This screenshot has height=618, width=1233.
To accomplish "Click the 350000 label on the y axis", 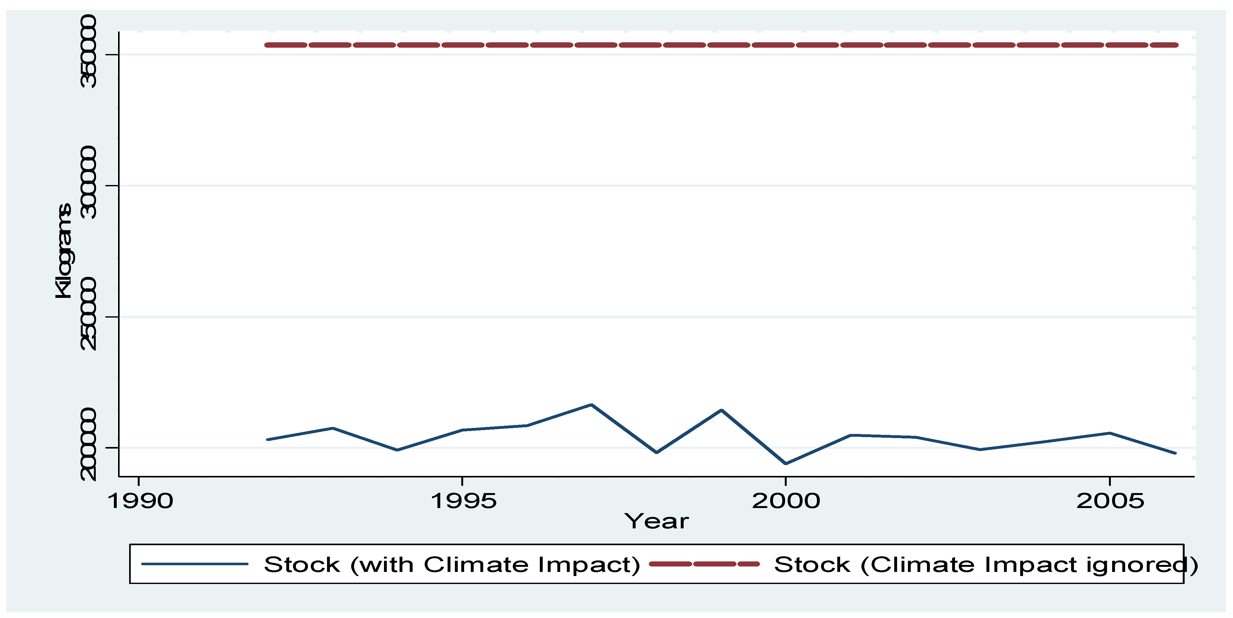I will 88,52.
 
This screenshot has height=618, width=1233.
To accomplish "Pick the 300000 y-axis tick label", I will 88,183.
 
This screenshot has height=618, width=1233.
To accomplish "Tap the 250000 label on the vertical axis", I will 88,314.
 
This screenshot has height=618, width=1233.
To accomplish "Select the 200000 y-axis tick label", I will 88,445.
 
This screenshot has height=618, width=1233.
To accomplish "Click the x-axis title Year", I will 656,521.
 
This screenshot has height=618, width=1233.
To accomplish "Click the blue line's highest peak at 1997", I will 592,405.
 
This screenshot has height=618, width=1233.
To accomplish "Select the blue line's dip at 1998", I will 656,452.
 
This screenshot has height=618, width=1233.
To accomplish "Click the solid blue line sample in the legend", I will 195,564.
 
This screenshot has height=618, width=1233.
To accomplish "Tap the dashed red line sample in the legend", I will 704,564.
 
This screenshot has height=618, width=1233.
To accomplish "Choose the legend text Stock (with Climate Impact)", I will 452,565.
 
